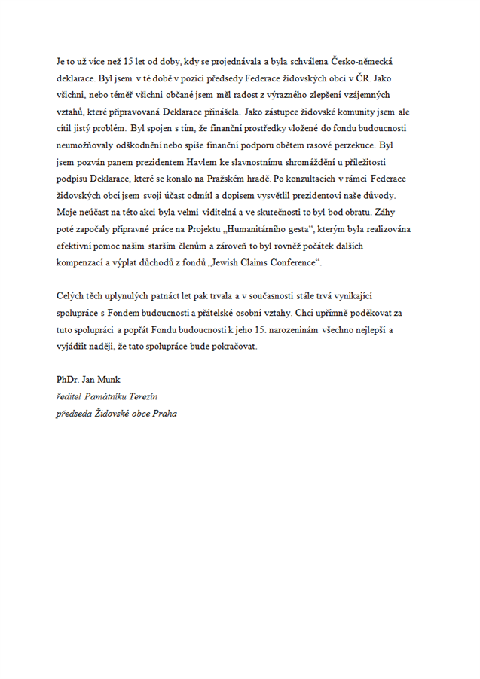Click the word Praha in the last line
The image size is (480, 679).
(164, 413)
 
